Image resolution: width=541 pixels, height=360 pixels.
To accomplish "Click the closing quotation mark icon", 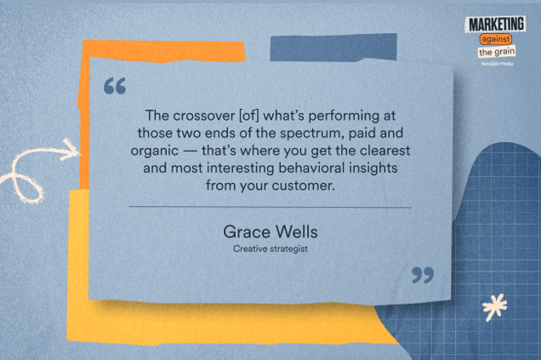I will click(x=422, y=275).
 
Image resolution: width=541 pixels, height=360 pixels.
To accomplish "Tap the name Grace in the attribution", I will click(x=244, y=231).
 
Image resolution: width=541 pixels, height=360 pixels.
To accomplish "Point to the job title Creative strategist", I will click(x=270, y=249).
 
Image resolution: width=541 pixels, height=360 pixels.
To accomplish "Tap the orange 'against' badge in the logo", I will click(x=498, y=39).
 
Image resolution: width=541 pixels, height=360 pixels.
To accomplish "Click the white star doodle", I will click(x=493, y=306).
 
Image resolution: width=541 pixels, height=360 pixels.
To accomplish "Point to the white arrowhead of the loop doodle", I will click(x=70, y=149).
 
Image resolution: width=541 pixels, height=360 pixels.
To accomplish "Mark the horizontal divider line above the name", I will click(x=270, y=207).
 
